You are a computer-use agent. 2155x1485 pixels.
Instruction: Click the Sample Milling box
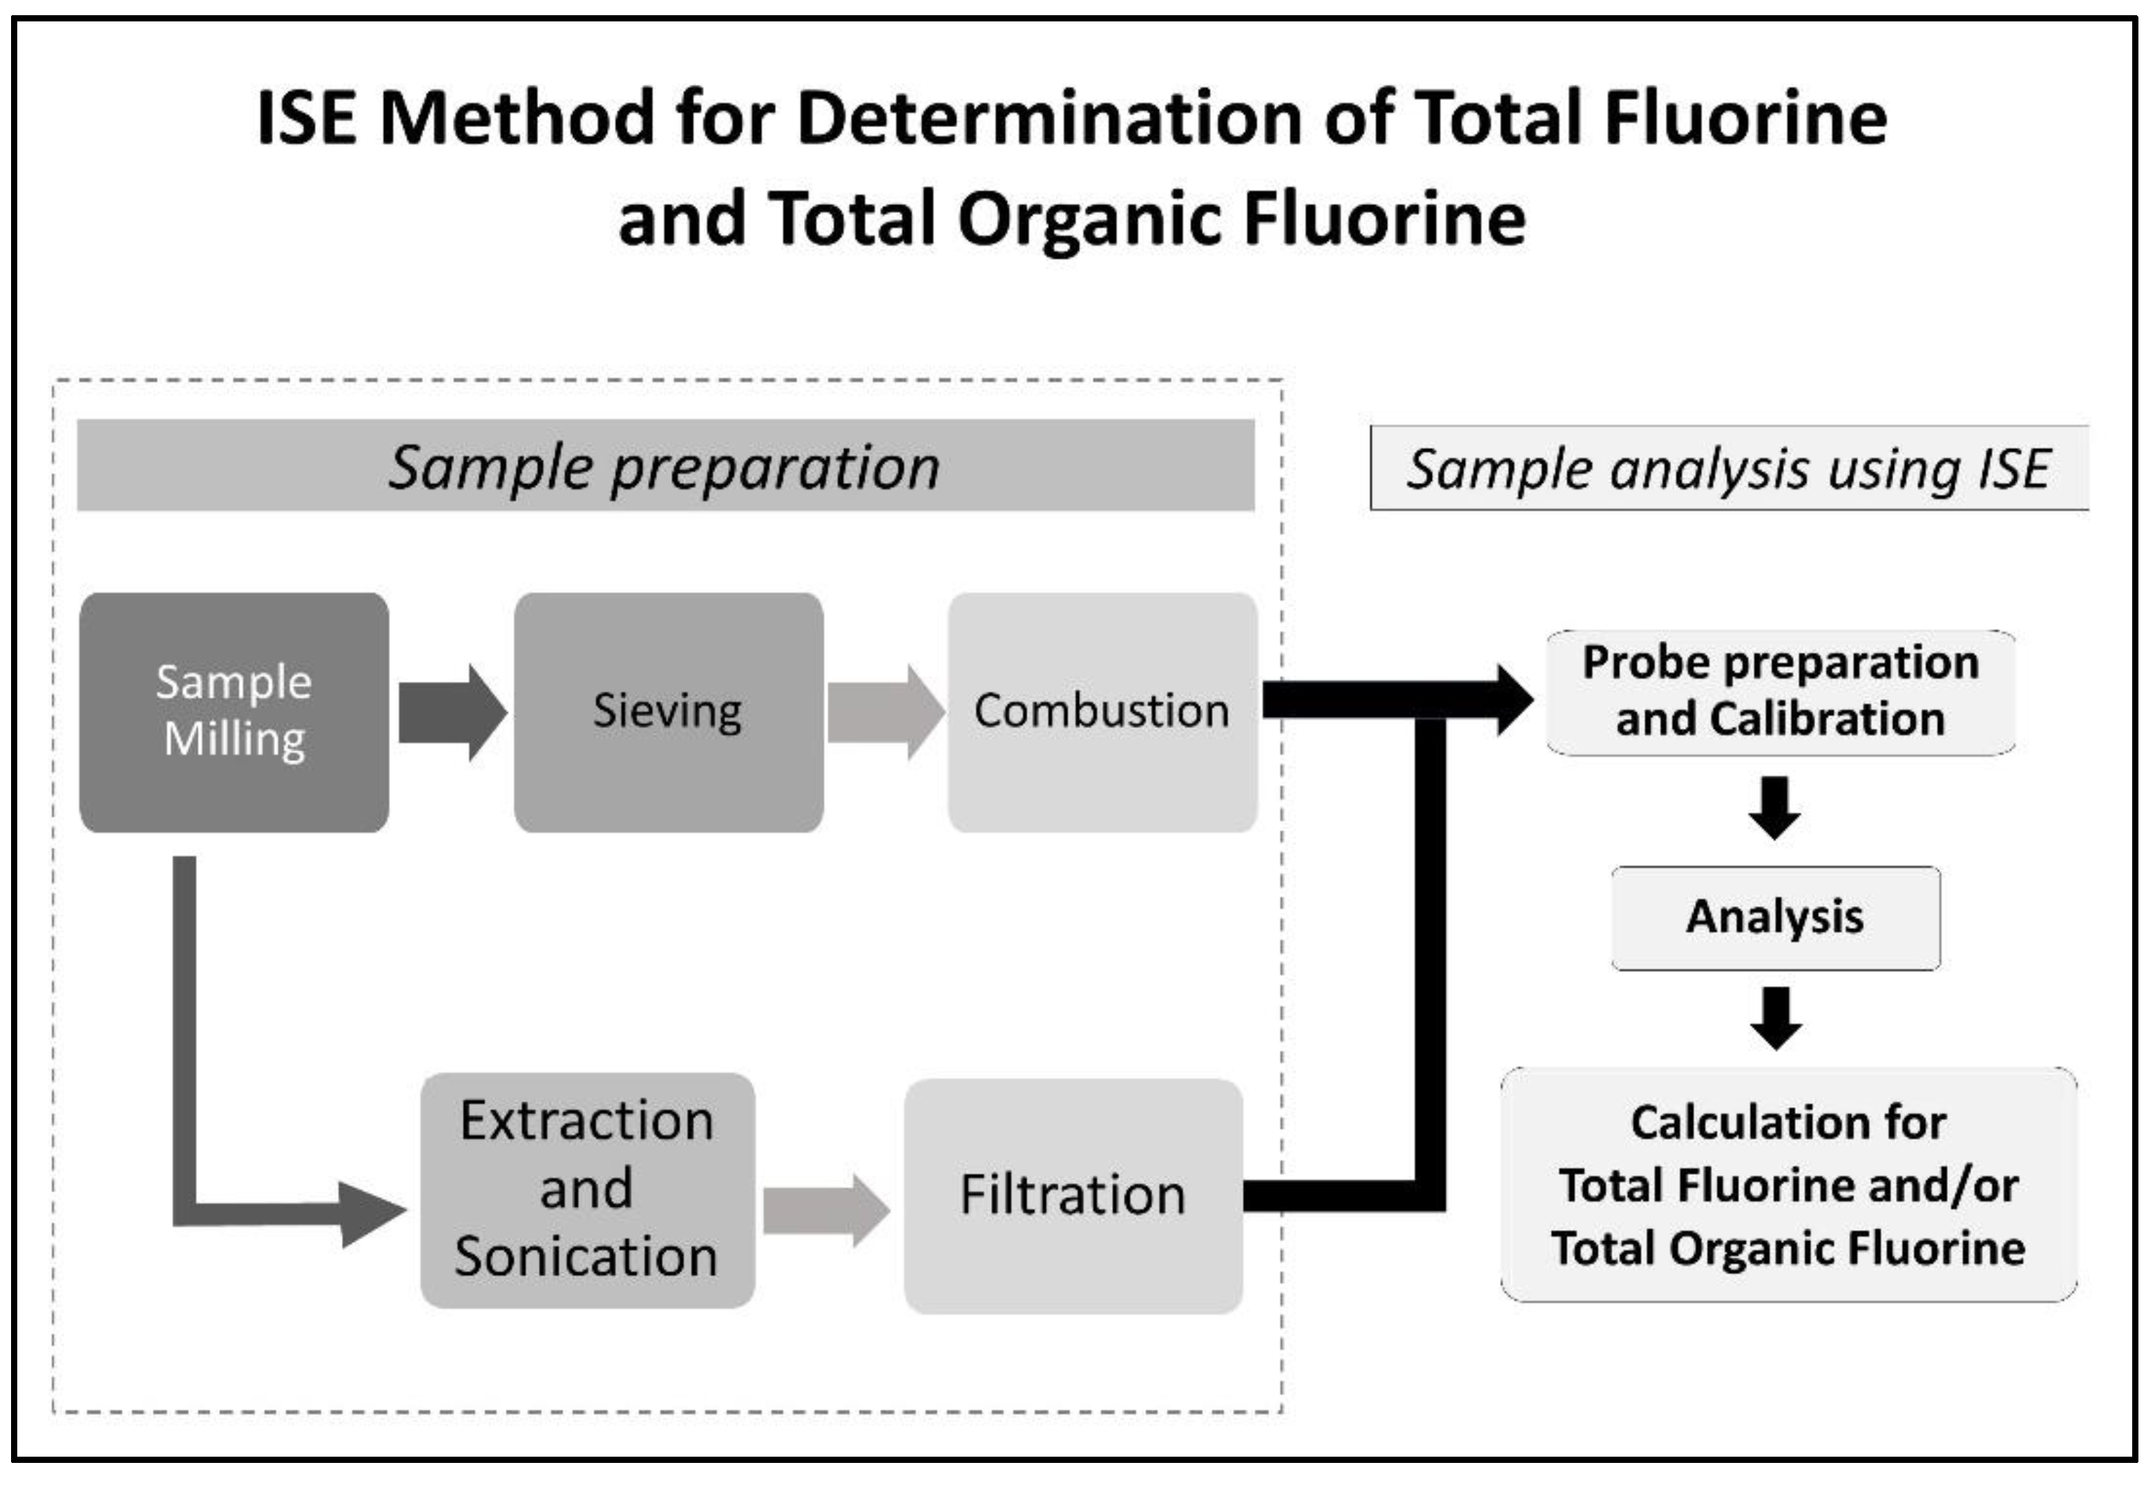tap(233, 712)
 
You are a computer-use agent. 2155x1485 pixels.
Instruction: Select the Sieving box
tap(668, 712)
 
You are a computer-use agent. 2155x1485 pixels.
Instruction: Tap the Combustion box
tap(1102, 712)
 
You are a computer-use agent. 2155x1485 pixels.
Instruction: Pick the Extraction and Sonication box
tap(587, 1190)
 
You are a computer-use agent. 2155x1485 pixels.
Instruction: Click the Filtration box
tap(1073, 1196)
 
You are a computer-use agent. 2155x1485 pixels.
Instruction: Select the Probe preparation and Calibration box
tap(1780, 692)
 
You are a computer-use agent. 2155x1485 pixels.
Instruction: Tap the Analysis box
tap(1775, 917)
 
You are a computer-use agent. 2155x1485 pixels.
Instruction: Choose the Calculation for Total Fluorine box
tap(1788, 1185)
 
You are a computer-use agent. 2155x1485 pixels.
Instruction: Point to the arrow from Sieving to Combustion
tap(885, 713)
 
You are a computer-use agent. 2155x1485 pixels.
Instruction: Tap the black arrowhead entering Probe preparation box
tap(1512, 700)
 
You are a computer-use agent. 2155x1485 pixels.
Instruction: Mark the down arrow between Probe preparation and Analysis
tap(1774, 807)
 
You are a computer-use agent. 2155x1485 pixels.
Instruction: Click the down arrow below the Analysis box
tap(1775, 1018)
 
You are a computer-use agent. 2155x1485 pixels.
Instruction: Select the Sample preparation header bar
tap(665, 466)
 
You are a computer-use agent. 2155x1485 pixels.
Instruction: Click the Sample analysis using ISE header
tap(1728, 468)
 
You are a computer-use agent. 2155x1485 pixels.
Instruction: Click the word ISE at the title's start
tap(306, 118)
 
